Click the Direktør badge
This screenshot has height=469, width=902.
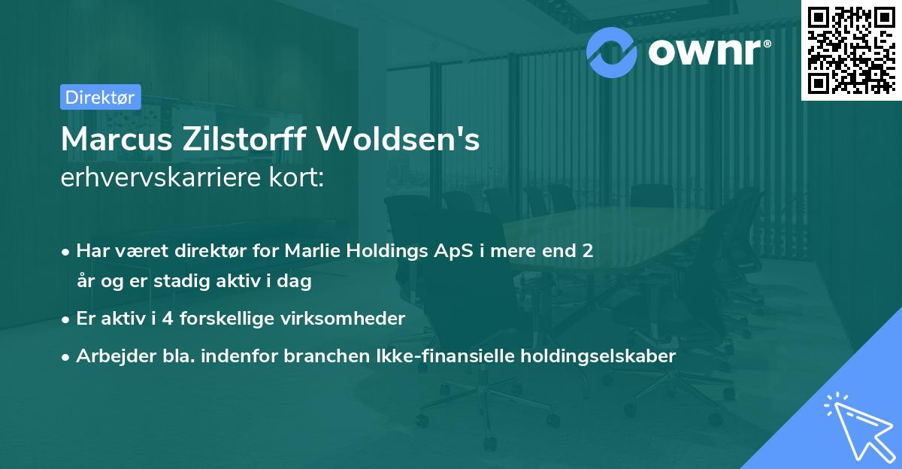[100, 96]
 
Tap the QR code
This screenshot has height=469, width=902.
[851, 50]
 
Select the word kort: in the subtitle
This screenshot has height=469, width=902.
[298, 179]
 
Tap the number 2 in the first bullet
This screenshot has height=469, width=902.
[587, 251]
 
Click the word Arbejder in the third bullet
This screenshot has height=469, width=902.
[109, 356]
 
